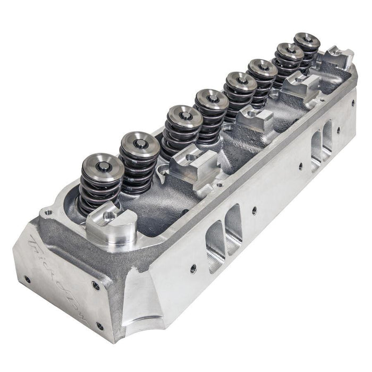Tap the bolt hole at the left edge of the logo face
[27, 278]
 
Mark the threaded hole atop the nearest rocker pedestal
[109, 215]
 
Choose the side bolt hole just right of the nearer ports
[255, 210]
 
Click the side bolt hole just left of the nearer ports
[192, 268]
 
